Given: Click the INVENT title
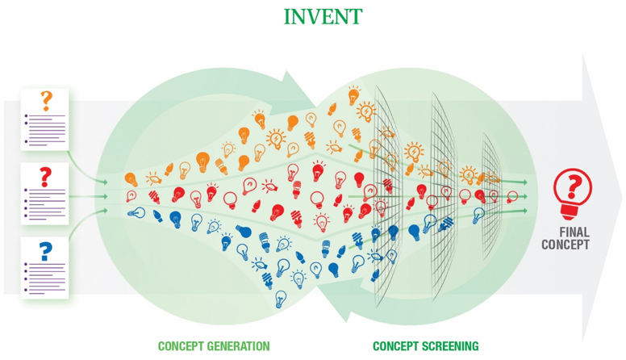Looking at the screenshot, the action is [x=323, y=17].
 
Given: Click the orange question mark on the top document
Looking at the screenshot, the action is [x=46, y=101].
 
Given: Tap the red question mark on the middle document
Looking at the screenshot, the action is [x=45, y=177].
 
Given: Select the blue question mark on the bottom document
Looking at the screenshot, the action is [x=45, y=252].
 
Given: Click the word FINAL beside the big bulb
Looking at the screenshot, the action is [x=574, y=232].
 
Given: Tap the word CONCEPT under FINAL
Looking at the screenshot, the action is [x=565, y=245].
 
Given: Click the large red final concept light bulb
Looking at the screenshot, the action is [x=573, y=194].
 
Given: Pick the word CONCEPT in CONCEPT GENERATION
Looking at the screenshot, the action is [x=177, y=346].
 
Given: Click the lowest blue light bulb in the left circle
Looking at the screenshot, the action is [x=281, y=299].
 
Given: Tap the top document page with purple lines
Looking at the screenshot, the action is [x=44, y=119].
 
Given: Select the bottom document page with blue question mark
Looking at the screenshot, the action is [x=44, y=268].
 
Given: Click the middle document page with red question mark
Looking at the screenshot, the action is [x=44, y=194].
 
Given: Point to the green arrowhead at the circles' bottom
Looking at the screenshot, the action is [x=340, y=300].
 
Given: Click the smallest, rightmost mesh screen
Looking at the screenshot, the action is [x=490, y=197].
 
